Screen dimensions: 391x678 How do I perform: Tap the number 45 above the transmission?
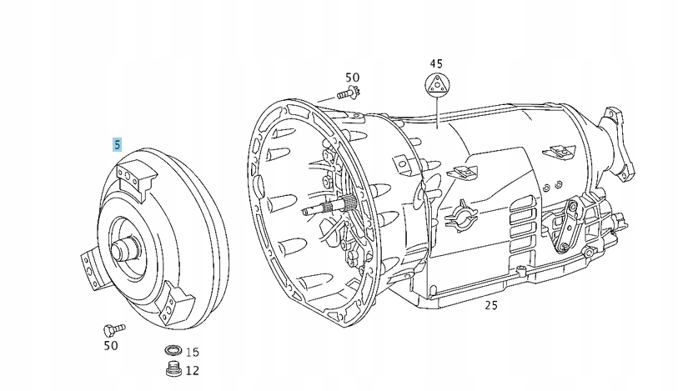436,63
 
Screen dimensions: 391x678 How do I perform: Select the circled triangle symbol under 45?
436,85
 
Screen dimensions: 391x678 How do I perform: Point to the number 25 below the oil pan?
491,306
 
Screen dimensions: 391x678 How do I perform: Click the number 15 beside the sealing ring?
193,353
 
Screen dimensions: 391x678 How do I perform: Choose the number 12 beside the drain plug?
193,370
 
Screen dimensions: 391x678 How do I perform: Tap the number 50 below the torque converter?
110,344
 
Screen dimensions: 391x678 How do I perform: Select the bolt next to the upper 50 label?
347,93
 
